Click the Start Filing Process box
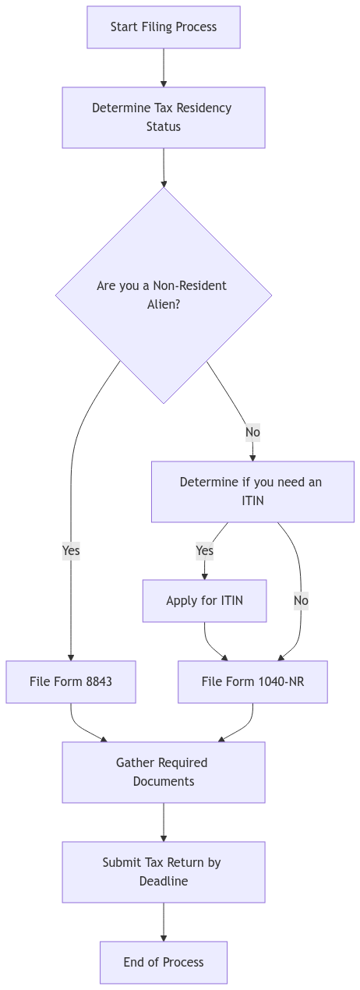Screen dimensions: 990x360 (163, 27)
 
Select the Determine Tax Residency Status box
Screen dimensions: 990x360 (163, 117)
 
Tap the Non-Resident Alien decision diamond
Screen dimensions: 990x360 (163, 295)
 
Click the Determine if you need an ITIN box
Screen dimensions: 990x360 (252, 491)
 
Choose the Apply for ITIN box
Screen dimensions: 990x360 (204, 600)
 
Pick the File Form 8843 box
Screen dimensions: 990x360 (71, 681)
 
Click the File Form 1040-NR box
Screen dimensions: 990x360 (252, 681)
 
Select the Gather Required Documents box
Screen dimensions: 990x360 (163, 772)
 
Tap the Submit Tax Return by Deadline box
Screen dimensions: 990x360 (163, 872)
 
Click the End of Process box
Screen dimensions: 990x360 (163, 962)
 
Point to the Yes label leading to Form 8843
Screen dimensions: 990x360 (71, 550)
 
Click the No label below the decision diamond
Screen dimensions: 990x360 (252, 432)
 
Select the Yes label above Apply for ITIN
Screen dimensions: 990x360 (204, 550)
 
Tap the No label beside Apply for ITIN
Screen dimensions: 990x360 (301, 600)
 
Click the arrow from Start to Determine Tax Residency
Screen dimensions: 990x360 (163, 68)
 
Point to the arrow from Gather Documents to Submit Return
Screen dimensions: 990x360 (163, 822)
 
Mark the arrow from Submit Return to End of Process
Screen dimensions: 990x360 (163, 922)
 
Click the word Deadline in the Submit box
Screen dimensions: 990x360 (163, 881)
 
